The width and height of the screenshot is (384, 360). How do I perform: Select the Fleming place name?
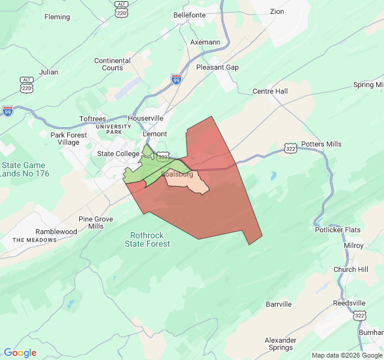pyautogui.click(x=57, y=17)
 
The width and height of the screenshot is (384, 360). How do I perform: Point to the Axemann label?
pyautogui.click(x=205, y=43)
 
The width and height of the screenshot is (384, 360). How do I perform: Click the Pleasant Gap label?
pyautogui.click(x=217, y=67)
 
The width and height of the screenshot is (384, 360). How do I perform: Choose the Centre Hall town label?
pyautogui.click(x=270, y=91)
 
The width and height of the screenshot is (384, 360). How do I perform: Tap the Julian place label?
pyautogui.click(x=48, y=72)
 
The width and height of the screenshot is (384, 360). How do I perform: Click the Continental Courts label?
pyautogui.click(x=112, y=64)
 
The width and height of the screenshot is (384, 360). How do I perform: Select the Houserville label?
pyautogui.click(x=145, y=118)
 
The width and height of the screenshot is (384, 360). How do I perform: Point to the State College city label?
pyautogui.click(x=118, y=154)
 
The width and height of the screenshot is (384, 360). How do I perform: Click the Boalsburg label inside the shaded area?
pyautogui.click(x=177, y=174)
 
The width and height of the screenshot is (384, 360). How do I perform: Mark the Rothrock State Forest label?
pyautogui.click(x=147, y=239)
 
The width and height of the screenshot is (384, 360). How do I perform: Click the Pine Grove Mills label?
pyautogui.click(x=95, y=223)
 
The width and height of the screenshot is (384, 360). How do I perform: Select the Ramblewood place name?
pyautogui.click(x=56, y=231)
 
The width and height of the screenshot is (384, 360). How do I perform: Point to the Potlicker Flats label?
pyautogui.click(x=337, y=230)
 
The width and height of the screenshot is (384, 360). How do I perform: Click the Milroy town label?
pyautogui.click(x=353, y=245)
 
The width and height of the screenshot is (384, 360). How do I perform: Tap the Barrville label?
pyautogui.click(x=278, y=304)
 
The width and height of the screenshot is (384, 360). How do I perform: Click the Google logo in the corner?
pyautogui.click(x=20, y=353)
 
